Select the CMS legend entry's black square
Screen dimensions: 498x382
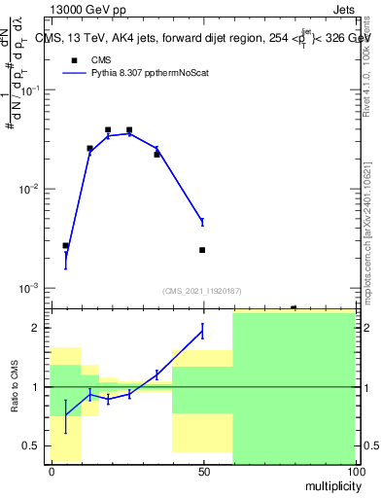[x=74, y=59]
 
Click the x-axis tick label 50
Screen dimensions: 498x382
[x=202, y=471]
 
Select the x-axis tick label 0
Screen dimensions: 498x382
[x=51, y=471]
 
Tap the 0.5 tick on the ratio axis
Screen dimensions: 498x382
[x=33, y=445]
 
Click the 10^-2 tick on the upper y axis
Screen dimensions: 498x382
[x=29, y=189]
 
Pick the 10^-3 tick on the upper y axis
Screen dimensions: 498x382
[x=29, y=289]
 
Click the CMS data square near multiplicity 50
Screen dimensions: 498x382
[x=202, y=250]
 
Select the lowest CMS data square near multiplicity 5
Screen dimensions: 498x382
[x=65, y=246]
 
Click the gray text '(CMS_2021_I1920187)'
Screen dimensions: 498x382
[x=202, y=290]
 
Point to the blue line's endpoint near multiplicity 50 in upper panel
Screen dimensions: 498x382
[x=202, y=222]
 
